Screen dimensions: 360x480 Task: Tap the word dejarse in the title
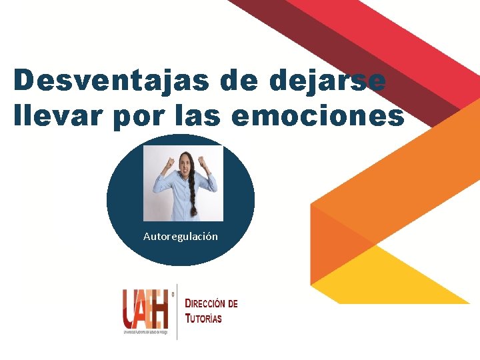click(329, 81)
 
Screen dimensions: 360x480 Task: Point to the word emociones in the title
click(317, 115)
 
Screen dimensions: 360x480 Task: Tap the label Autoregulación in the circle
click(180, 237)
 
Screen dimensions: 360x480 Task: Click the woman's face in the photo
click(183, 164)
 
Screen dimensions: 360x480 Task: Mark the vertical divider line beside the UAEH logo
click(177, 311)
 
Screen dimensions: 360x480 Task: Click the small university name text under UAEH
click(145, 331)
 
